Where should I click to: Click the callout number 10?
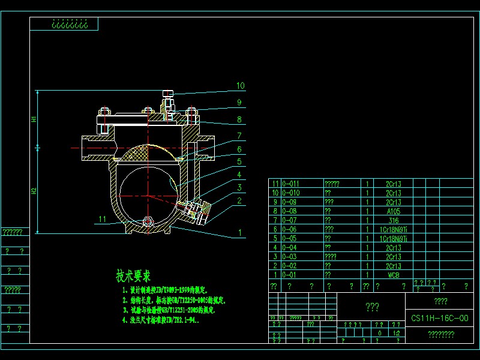tap(240, 86)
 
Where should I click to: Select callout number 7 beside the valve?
tap(239, 136)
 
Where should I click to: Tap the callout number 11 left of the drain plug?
tap(103, 220)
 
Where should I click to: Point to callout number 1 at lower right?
tap(240, 232)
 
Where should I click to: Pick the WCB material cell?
tap(394, 275)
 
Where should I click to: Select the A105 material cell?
tap(394, 211)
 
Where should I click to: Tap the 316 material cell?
tap(394, 220)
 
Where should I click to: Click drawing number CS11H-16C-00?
tap(440, 319)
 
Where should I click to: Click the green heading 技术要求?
tap(133, 277)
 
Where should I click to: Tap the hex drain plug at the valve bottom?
tap(148, 223)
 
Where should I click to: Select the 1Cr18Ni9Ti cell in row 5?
tap(394, 238)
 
